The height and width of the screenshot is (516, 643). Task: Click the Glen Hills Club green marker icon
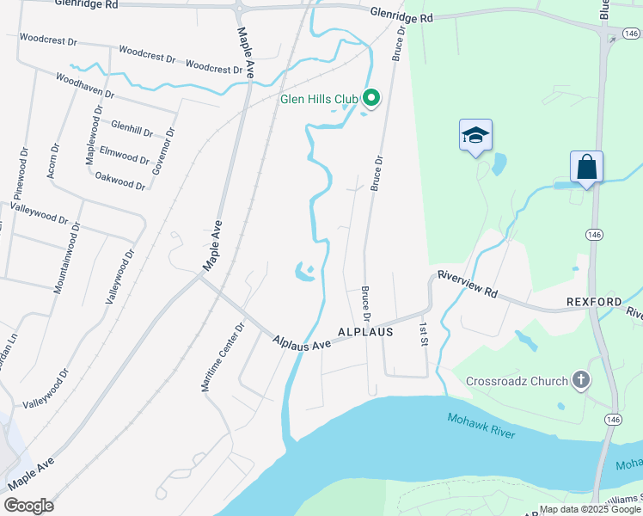[371, 99]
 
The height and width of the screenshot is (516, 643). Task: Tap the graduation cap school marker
[475, 135]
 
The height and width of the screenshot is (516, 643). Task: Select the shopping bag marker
[586, 166]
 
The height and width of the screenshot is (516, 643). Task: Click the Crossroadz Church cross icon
[581, 380]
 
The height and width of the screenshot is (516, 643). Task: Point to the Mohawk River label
[481, 425]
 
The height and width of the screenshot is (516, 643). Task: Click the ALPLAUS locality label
[365, 331]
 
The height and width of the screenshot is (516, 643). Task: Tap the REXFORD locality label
[594, 303]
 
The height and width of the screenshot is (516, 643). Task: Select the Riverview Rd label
[468, 284]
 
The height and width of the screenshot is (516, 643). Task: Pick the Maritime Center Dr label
[223, 358]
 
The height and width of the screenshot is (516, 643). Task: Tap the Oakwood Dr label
[120, 182]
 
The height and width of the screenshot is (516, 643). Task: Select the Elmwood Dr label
[125, 157]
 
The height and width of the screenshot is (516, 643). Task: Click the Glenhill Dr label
[132, 128]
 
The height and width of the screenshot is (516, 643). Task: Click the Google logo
[28, 506]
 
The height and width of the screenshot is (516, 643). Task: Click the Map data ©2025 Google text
[590, 508]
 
